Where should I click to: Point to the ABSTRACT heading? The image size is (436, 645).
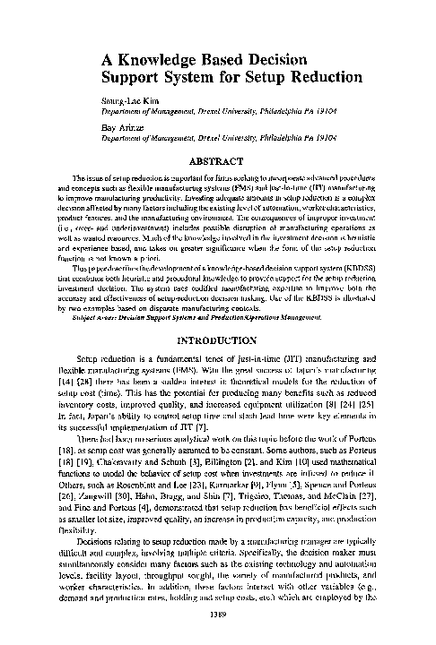pyautogui.click(x=219, y=162)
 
